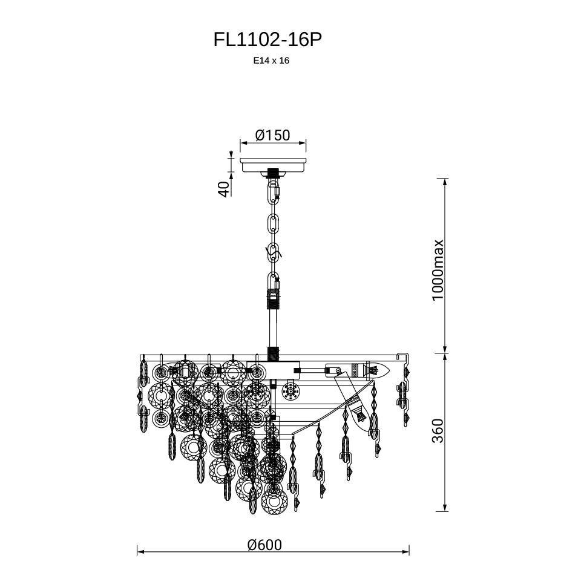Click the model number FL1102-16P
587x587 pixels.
pos(267,39)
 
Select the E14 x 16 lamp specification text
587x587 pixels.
pos(271,61)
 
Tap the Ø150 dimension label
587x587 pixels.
pos(272,135)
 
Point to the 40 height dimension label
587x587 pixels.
pos(223,189)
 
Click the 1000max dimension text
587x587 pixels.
pos(438,271)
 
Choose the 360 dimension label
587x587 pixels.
pos(438,431)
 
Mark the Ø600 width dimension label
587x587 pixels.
pos(264,545)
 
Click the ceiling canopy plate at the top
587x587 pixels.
pos(273,165)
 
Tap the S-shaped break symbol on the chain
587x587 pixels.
pos(274,254)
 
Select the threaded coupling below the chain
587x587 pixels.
pos(274,300)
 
